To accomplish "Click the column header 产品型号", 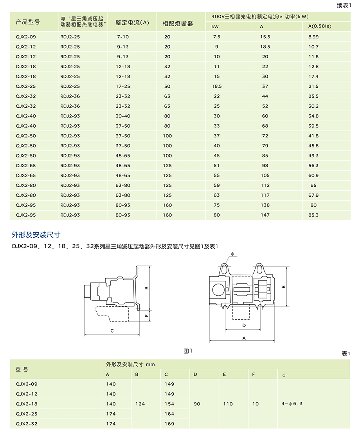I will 28,22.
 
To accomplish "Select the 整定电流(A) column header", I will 132,23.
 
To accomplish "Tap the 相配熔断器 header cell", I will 178,23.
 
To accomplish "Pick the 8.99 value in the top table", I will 313,37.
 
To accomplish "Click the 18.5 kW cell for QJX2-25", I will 217,86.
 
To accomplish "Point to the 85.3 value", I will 313,215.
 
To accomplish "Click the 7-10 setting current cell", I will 122,37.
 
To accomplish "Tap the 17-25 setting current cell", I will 123,86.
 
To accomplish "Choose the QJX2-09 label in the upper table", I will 26,37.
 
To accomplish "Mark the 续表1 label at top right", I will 344,5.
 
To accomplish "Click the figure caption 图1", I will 188,351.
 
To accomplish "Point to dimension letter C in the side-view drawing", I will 112,331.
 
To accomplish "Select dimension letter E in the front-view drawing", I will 283,287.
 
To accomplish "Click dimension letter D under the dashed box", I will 244,325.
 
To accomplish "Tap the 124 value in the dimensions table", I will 140,404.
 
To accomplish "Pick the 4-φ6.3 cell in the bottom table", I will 292,404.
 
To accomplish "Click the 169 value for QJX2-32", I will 169,424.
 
